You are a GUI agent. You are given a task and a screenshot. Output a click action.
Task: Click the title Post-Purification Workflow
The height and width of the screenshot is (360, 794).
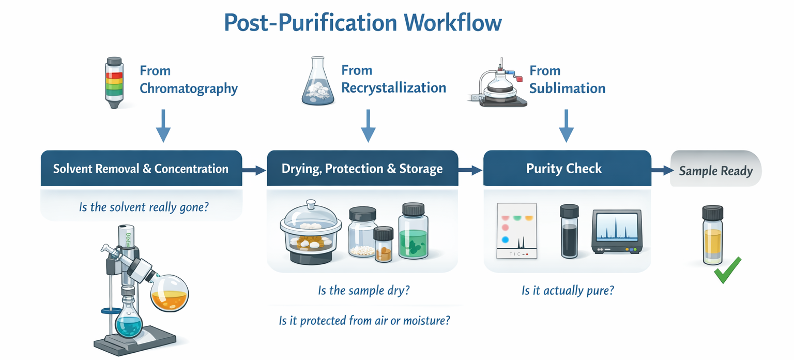pyautogui.click(x=363, y=23)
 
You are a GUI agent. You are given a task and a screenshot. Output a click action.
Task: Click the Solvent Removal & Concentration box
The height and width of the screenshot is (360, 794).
pyautogui.click(x=141, y=169)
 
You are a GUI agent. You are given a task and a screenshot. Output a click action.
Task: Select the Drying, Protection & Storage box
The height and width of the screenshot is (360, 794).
pyautogui.click(x=362, y=169)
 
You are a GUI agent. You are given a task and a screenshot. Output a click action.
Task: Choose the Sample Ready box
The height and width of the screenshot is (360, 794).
pyautogui.click(x=715, y=171)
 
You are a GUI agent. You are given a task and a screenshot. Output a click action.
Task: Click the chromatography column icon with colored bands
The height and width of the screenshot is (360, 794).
pyautogui.click(x=114, y=83)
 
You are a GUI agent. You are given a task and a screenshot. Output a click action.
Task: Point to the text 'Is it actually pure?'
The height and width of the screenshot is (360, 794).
pyautogui.click(x=567, y=290)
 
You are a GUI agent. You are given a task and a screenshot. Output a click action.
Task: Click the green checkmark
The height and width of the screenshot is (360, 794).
pyautogui.click(x=728, y=270)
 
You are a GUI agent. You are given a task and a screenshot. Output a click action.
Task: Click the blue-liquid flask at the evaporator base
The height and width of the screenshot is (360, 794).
pyautogui.click(x=128, y=322)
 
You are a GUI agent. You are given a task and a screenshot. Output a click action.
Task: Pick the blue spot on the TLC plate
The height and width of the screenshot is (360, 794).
pyautogui.click(x=506, y=239)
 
